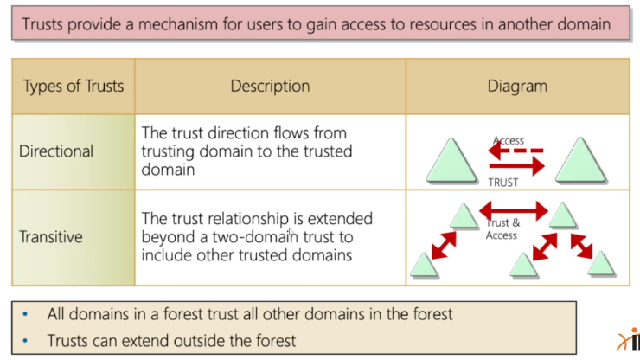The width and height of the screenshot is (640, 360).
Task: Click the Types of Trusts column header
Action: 74,86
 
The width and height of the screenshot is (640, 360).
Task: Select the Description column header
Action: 270,86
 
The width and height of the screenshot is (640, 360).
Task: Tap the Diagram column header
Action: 517,86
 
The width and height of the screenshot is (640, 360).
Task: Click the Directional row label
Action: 56,151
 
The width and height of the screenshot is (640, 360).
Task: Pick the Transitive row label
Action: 51,236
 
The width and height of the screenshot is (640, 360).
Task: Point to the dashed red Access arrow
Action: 516,151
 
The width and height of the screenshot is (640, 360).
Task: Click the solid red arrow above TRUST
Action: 516,166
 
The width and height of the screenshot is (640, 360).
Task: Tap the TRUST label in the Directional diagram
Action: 503,182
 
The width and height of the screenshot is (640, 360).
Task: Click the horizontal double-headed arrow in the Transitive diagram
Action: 514,210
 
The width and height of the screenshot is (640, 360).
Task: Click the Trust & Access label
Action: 502,229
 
